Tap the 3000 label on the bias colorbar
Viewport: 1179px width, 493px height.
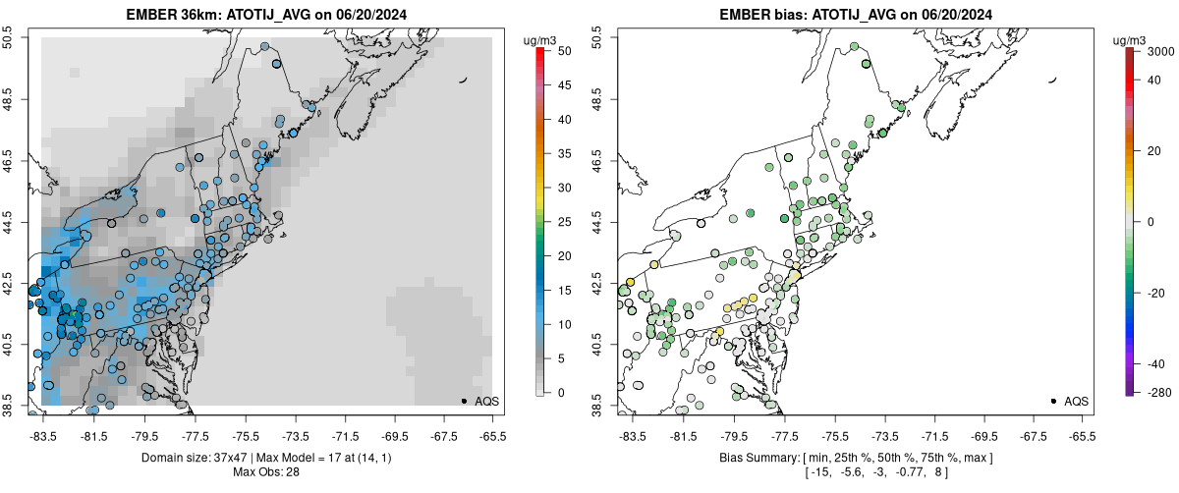tap(1163, 50)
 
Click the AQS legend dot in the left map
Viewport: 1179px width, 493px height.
tap(464, 401)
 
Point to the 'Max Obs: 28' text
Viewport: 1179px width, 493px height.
tap(267, 472)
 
